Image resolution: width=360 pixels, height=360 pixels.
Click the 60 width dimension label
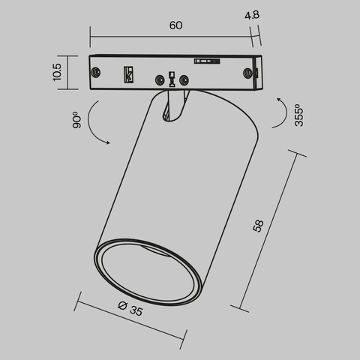coord(175,25)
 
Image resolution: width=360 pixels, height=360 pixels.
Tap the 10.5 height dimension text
coord(57,72)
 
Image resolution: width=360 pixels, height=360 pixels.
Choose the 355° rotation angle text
coord(299,115)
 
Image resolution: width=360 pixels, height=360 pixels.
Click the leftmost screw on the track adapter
coord(97,73)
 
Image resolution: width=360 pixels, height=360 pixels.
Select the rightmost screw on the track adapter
coord(247,73)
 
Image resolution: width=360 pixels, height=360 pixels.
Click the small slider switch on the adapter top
coord(203,61)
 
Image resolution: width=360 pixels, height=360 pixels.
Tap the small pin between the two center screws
coord(172,77)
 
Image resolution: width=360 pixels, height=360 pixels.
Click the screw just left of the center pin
coord(159,79)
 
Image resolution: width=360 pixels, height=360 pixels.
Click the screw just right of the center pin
coord(184,79)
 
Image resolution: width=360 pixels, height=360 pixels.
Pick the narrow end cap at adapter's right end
coord(257,73)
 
